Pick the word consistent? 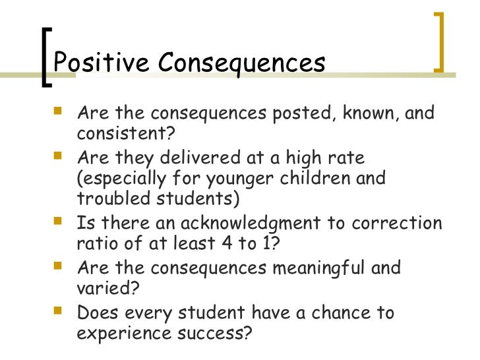[x=126, y=135]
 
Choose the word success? [x=210, y=334]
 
